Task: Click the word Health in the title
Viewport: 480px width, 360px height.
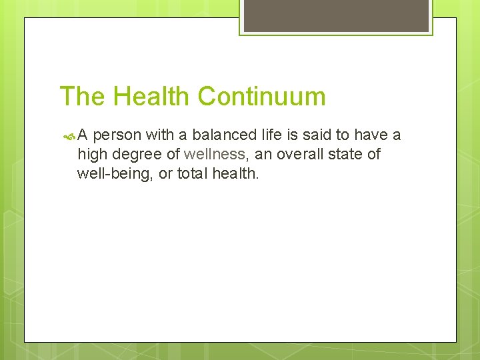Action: [151, 97]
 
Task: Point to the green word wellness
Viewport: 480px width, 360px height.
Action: [215, 155]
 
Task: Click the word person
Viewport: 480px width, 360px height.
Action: [117, 136]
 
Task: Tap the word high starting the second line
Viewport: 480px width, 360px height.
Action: [91, 155]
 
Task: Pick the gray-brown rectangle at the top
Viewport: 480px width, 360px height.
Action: [335, 15]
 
